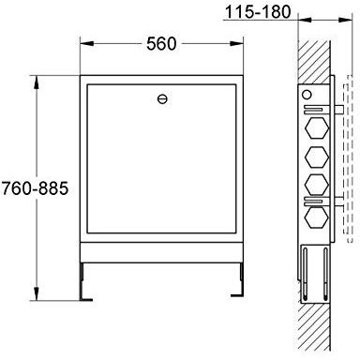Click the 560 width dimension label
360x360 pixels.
(x=161, y=43)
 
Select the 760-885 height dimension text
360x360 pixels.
(x=35, y=188)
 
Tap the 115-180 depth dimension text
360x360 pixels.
(x=258, y=12)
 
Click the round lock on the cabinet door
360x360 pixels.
(x=162, y=99)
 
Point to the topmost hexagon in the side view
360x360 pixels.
(x=317, y=128)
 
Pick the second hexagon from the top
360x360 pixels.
(x=317, y=157)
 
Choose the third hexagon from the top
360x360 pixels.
(x=317, y=184)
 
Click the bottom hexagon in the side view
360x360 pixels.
(x=317, y=217)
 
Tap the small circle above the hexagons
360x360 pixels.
(x=307, y=95)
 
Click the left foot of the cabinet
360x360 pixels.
(x=84, y=282)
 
